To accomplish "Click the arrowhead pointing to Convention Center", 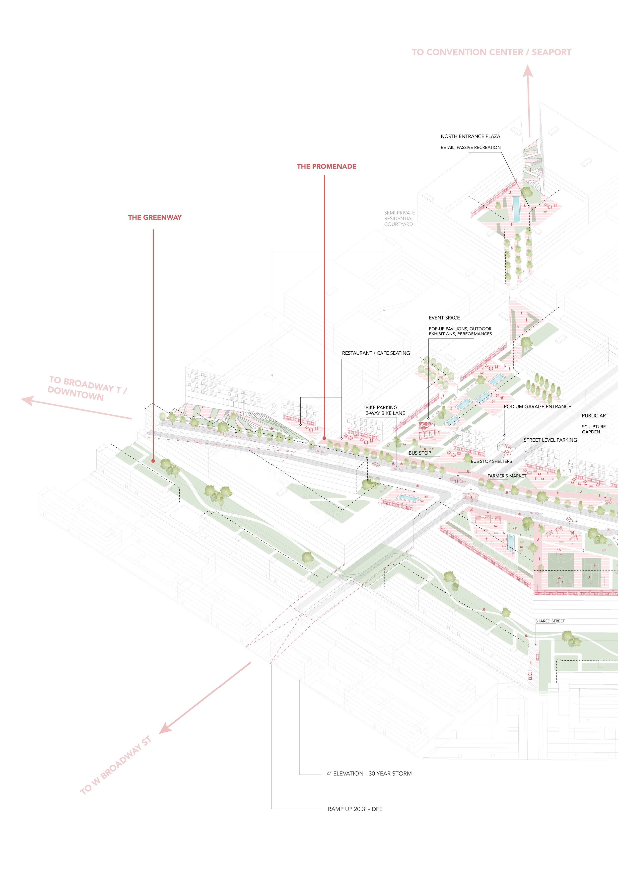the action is [527, 72].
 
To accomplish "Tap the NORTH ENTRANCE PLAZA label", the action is [470, 136].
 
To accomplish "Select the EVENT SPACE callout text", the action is [444, 318].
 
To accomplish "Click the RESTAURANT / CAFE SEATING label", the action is [376, 353].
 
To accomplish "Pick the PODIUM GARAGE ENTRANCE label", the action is [537, 406].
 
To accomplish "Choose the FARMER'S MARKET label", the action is [507, 476].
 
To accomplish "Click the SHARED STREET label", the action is [550, 621].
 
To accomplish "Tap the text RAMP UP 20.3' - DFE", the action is [355, 809].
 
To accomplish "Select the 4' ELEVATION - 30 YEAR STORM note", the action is [369, 774].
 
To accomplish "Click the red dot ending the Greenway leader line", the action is [153, 461].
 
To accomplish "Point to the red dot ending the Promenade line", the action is [324, 438].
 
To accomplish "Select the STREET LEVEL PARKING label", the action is [550, 440].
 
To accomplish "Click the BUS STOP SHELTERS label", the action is [491, 461].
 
